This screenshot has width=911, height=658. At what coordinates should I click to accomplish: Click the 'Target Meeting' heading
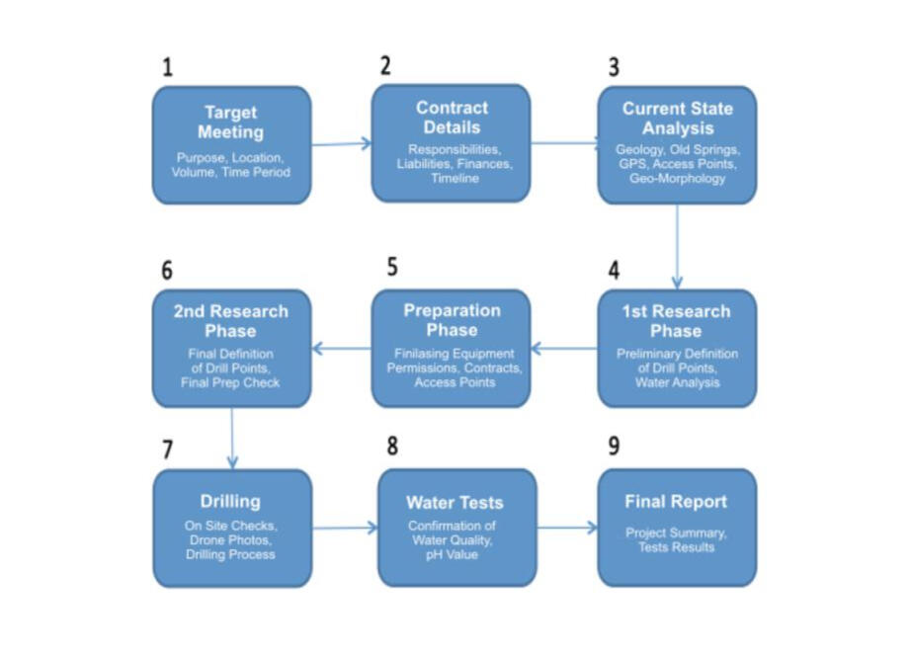pos(231,122)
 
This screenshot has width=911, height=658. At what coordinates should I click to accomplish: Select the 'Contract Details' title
pos(452,118)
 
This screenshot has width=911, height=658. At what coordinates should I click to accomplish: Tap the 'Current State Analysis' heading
pos(677,119)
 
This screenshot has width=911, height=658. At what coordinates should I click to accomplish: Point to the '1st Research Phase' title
pos(677,321)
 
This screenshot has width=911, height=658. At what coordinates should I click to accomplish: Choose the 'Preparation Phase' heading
pos(452,320)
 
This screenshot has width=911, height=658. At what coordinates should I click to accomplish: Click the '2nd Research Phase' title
pos(231,321)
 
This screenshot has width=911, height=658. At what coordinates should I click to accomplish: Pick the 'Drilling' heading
pos(230,502)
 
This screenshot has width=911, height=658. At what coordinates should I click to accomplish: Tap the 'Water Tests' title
pos(456,503)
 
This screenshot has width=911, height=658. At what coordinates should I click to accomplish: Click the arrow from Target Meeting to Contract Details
pos(341,144)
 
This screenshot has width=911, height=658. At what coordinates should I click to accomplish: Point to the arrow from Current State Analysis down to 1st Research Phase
pos(677,246)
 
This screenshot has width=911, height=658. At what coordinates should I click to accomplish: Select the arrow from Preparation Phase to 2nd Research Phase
pos(341,348)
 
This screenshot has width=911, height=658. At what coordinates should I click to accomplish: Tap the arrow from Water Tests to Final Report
pos(567,528)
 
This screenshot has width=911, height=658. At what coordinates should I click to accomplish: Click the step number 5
pos(392,268)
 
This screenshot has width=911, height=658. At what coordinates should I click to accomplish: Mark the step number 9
pos(614,446)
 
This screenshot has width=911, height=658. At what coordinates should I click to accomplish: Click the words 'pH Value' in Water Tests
pos(456,554)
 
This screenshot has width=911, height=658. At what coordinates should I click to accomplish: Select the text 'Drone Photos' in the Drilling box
pos(230,540)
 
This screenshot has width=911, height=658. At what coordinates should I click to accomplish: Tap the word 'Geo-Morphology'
pos(677,179)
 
